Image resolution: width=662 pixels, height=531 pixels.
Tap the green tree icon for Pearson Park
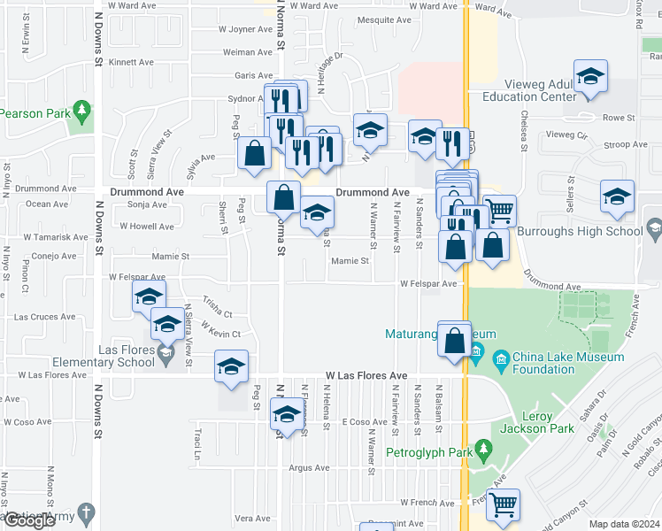81,110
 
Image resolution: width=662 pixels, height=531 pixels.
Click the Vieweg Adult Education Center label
529,96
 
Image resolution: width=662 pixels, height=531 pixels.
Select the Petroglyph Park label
422,450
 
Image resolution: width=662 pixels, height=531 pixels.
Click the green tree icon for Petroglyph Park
482,450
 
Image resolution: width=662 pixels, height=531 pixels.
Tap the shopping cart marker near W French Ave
503,504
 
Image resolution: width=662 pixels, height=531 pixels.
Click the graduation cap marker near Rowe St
589,77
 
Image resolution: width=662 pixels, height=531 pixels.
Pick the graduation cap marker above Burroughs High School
617,197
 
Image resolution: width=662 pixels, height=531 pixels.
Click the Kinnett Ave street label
132,63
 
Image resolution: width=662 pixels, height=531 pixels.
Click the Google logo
28,520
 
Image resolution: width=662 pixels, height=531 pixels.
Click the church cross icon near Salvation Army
85,512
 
